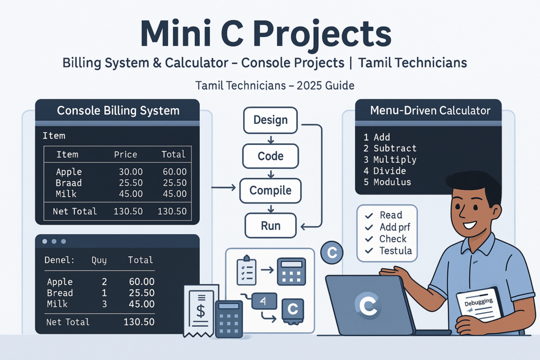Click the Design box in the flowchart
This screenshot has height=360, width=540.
pos(270,120)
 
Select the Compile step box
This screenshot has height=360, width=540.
pos(270,190)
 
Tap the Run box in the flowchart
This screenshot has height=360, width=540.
pos(270,226)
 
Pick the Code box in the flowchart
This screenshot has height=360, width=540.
pos(270,156)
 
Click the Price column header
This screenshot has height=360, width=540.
pos(126,154)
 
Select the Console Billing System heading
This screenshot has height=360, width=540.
pos(118,111)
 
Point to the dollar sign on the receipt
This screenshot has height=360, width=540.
pos(201,311)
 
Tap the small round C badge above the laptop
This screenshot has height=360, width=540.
pos(332,253)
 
